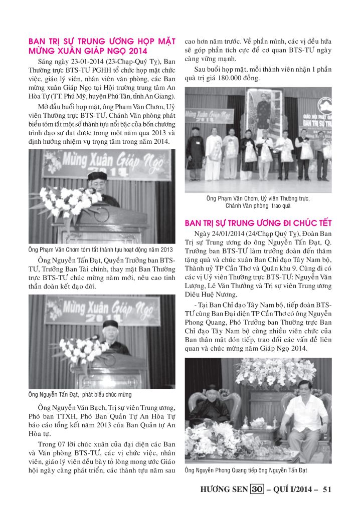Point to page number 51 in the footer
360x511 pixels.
327,489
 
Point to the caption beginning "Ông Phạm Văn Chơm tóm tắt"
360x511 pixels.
100,249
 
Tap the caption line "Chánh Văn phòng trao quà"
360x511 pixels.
258,205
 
